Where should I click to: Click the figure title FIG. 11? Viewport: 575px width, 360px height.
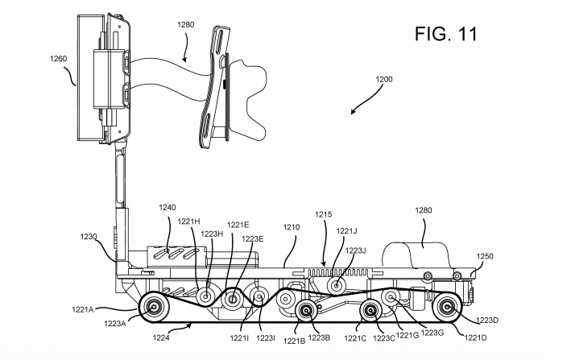[446, 34]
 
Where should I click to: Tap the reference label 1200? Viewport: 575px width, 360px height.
[385, 80]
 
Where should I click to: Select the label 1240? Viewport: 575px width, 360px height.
[168, 207]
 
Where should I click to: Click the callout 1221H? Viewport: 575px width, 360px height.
[190, 221]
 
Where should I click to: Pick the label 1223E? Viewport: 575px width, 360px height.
[252, 238]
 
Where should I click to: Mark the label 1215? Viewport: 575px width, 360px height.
[323, 214]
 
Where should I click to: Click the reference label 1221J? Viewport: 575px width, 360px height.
[347, 231]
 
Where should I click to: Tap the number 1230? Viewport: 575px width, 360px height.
[89, 237]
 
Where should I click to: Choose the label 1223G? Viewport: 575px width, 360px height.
[434, 332]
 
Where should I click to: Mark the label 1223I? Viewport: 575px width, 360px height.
[267, 338]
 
